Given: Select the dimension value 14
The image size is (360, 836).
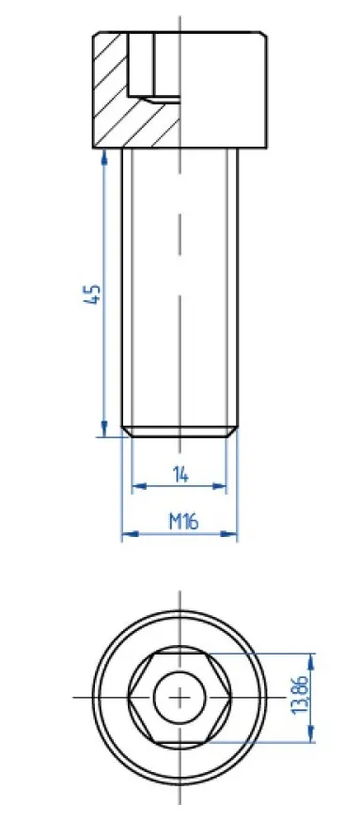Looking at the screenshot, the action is pyautogui.click(x=180, y=473).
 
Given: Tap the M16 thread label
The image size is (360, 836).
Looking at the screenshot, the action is pyautogui.click(x=183, y=521).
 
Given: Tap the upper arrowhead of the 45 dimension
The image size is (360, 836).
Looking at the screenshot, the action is pyautogui.click(x=103, y=156).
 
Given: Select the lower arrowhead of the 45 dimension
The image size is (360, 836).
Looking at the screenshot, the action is pyautogui.click(x=103, y=429).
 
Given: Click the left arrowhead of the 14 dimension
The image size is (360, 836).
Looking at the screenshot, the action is pyautogui.click(x=138, y=486).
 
